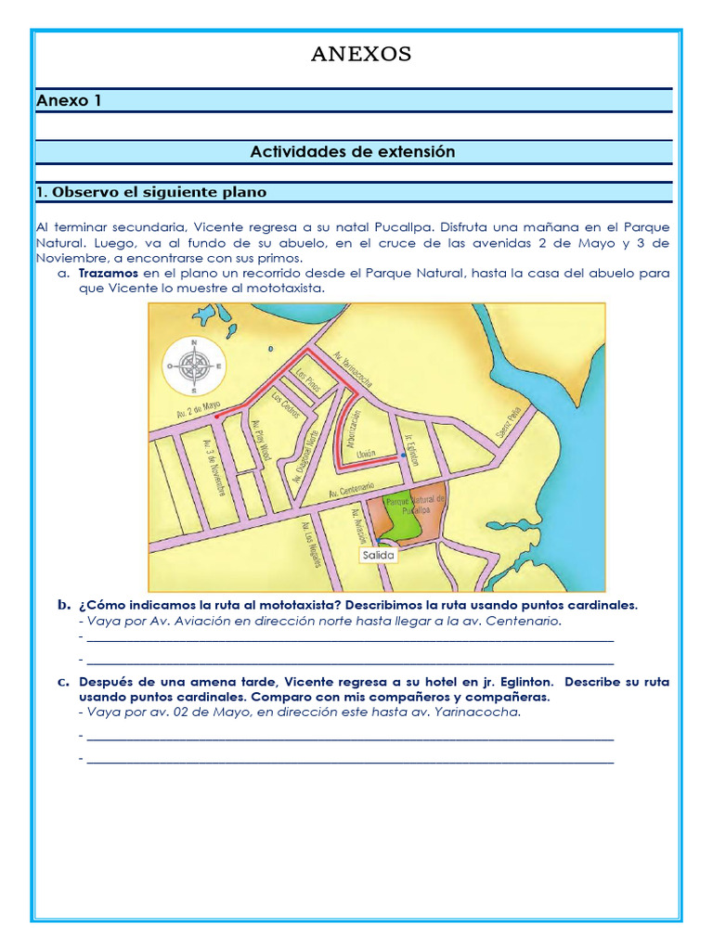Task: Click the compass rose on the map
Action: [x=194, y=366]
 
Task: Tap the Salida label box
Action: [x=378, y=555]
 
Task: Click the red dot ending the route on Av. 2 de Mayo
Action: [x=216, y=417]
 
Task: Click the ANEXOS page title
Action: [x=361, y=55]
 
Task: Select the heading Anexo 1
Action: [x=69, y=101]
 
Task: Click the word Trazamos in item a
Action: [x=108, y=274]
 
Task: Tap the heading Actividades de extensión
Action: [x=353, y=151]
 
